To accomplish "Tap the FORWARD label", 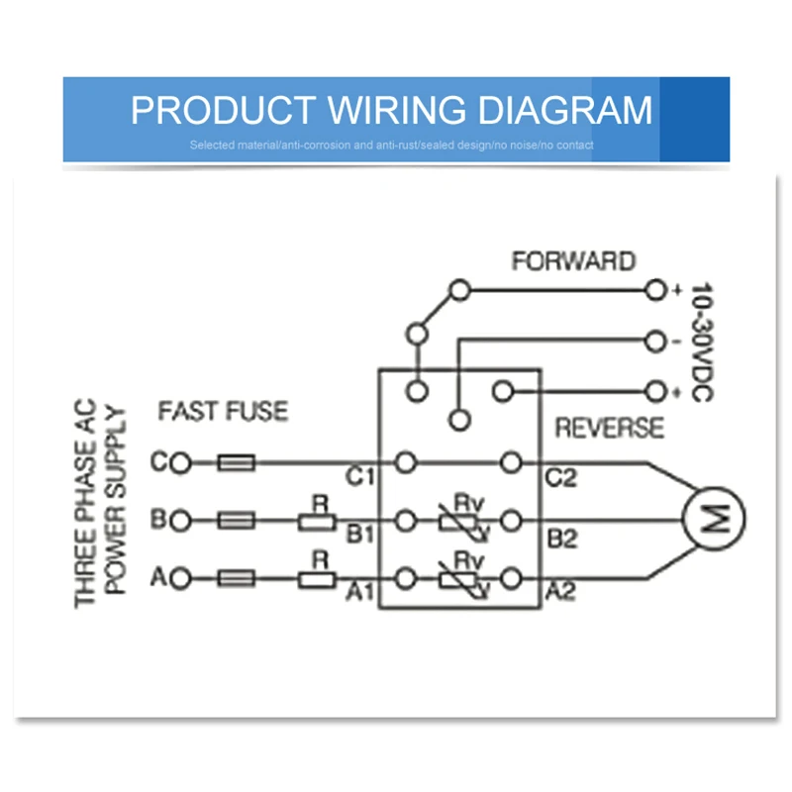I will coord(573,261).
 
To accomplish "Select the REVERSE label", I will coord(609,428).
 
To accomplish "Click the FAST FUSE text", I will coord(223,410).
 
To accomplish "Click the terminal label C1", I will coord(360,477).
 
